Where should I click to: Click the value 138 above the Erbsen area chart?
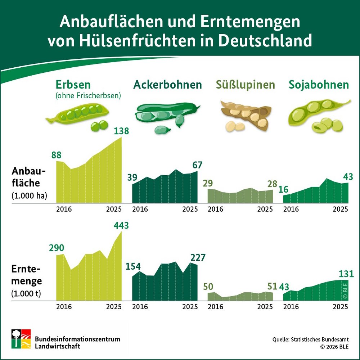(121, 131)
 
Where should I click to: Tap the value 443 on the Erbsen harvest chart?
(121, 226)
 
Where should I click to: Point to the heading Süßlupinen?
(245, 85)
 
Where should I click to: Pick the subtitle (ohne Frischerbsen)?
(88, 96)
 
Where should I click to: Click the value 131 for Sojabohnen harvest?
(346, 274)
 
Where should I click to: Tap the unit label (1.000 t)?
(26, 293)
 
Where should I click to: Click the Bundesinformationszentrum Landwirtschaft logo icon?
(21, 339)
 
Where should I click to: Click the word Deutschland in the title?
(265, 41)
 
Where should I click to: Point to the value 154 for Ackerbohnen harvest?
(133, 266)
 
